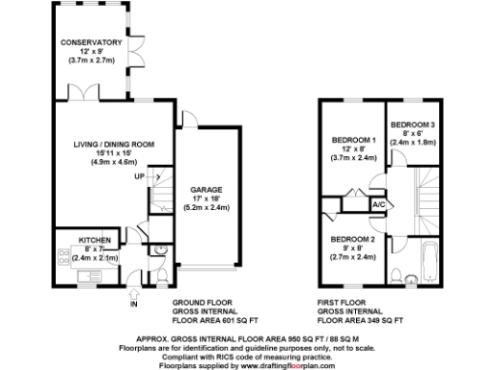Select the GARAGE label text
(x=208, y=190)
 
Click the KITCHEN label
(x=96, y=240)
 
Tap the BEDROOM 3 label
(x=414, y=125)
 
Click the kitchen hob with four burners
(x=64, y=257)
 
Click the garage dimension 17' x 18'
(x=208, y=199)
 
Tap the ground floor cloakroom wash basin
(x=152, y=253)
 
